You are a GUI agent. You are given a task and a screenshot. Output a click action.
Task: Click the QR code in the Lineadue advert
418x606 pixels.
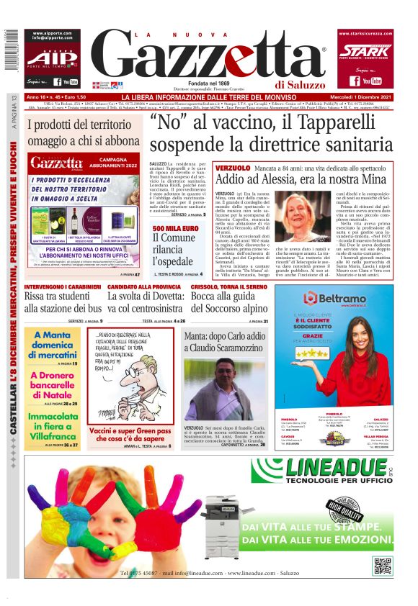coord(381,565)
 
